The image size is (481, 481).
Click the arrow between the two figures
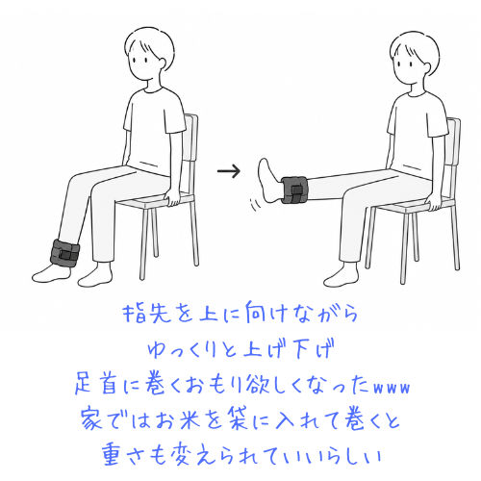[x=229, y=171]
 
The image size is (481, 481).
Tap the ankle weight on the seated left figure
[x=64, y=252]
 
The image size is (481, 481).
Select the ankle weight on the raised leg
[x=294, y=190]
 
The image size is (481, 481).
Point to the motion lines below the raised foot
[x=255, y=205]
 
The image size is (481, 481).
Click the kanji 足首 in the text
[x=95, y=385]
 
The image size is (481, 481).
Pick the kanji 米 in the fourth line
[x=189, y=419]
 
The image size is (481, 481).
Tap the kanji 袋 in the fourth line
[x=238, y=419]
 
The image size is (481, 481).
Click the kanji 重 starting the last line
[x=114, y=455]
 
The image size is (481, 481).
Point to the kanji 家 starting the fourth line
[x=91, y=419]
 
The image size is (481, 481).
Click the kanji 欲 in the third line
[x=258, y=385]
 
